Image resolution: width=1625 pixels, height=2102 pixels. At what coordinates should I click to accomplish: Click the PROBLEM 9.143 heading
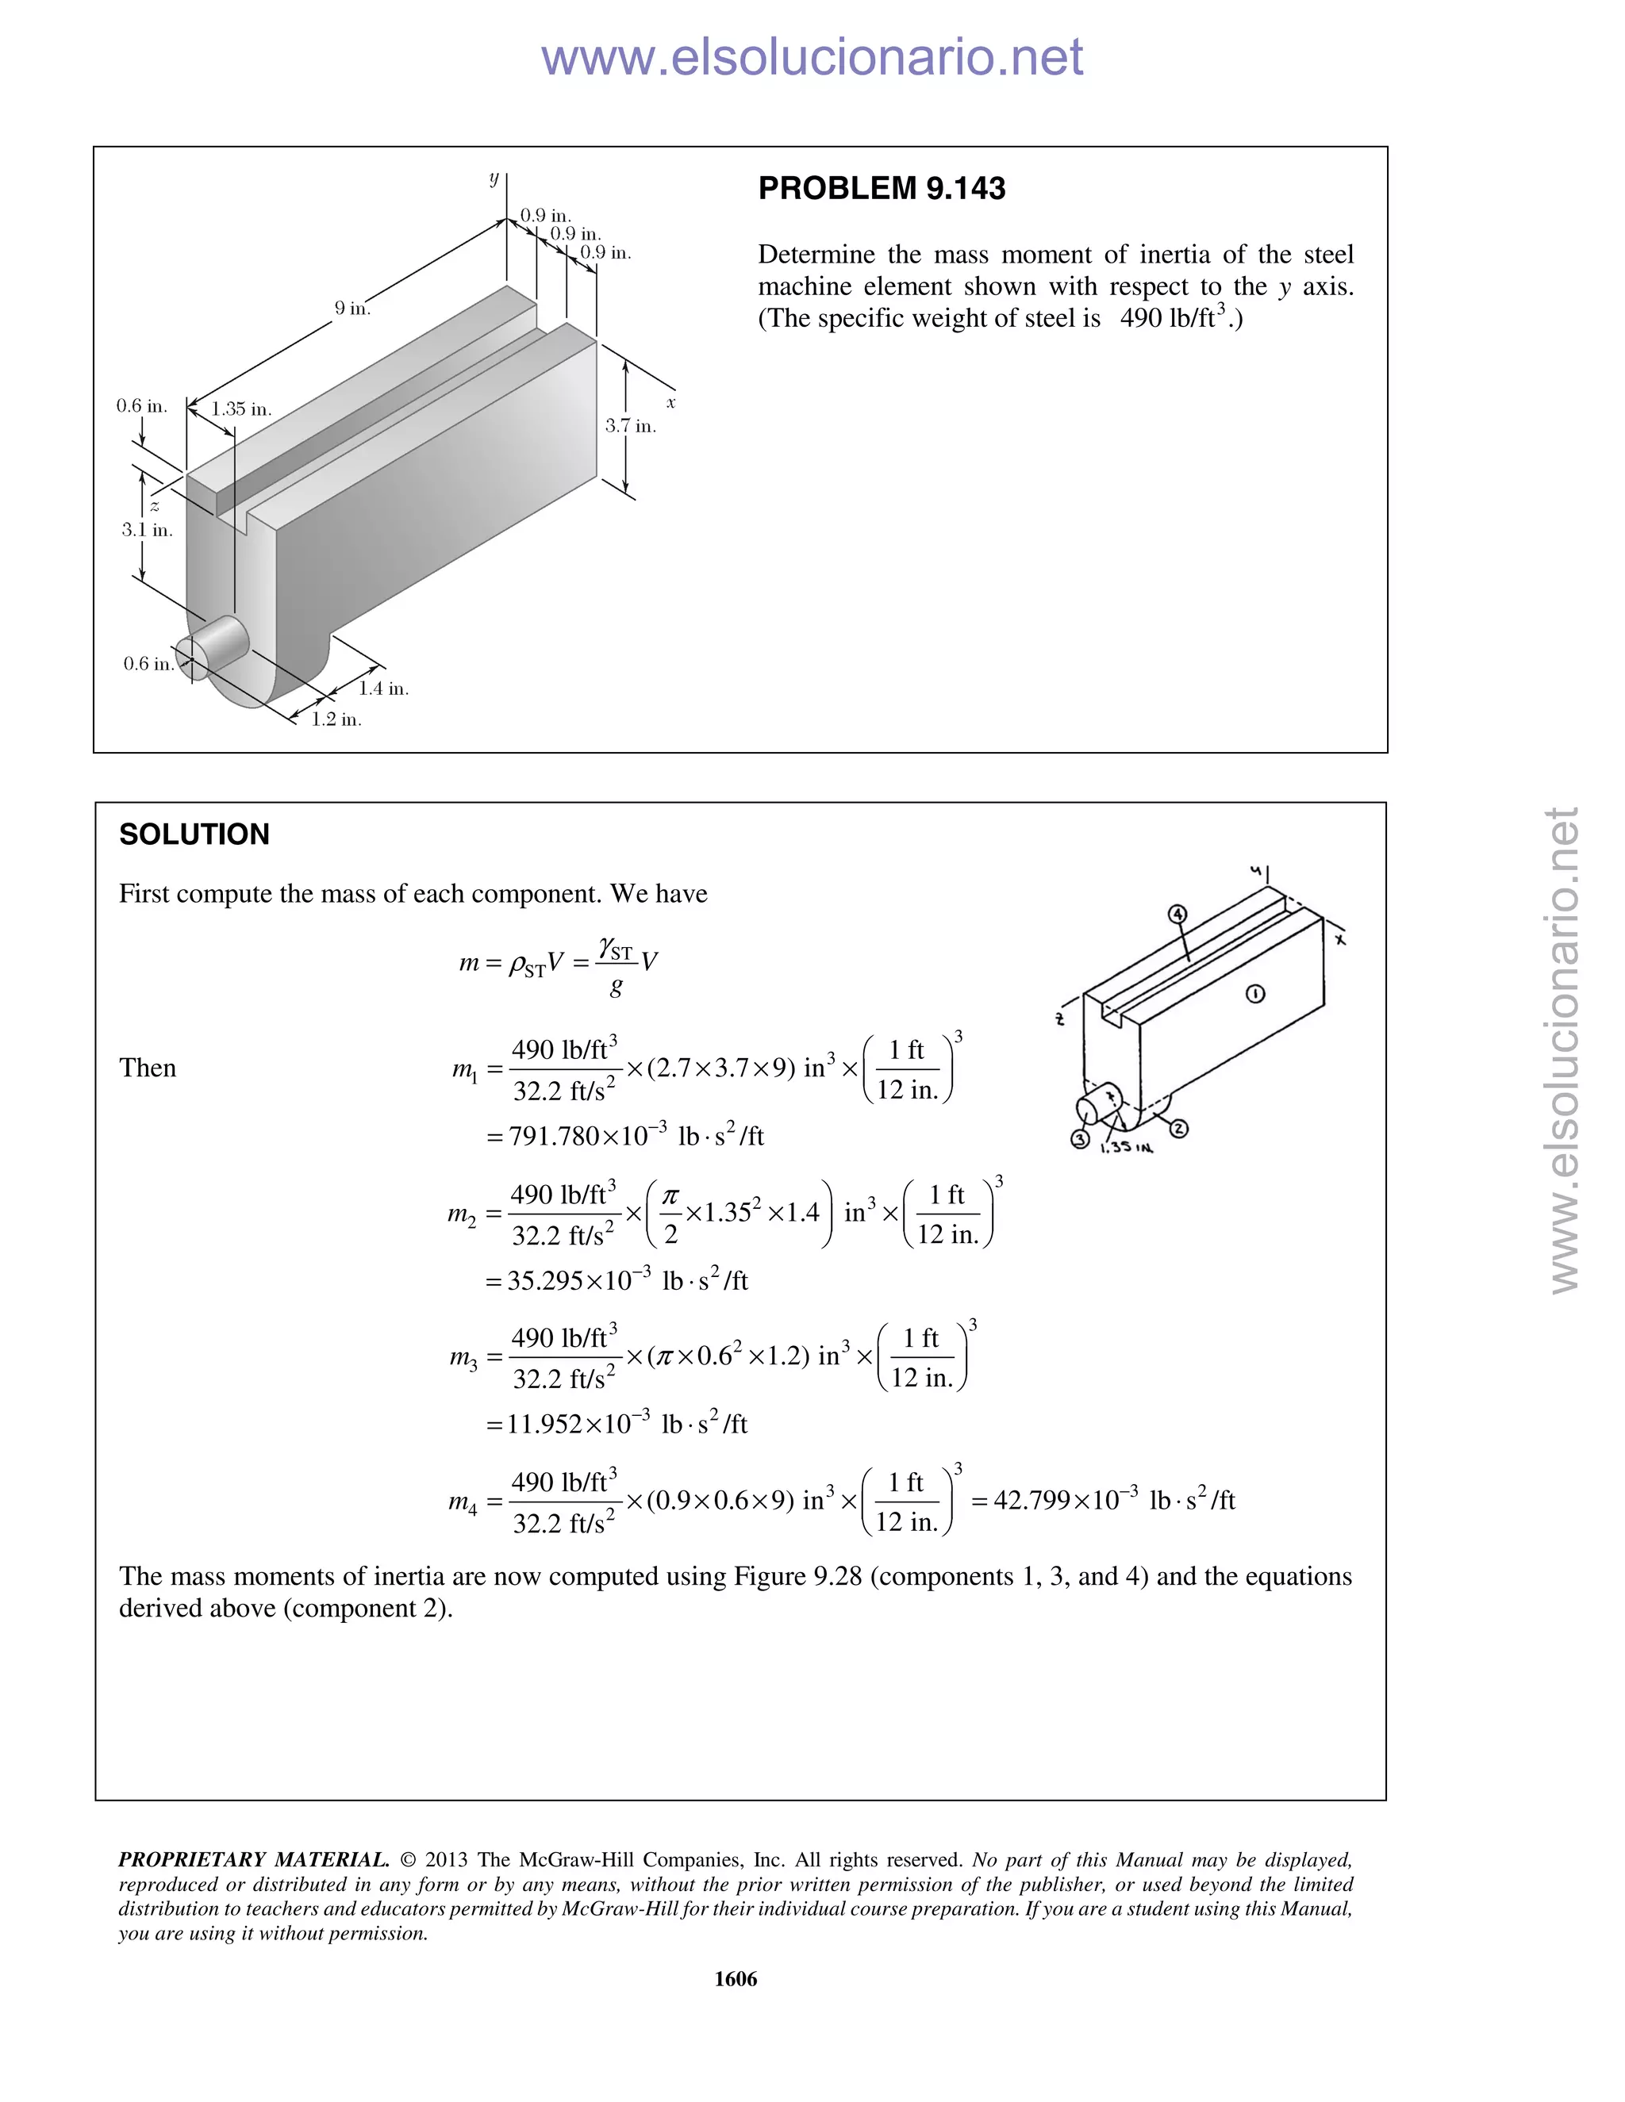coord(881,189)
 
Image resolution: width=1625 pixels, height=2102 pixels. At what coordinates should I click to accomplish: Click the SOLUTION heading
coord(194,834)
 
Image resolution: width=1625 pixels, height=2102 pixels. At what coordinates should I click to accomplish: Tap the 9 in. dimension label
coord(352,309)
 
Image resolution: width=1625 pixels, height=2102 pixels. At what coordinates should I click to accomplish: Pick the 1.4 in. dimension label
coord(383,689)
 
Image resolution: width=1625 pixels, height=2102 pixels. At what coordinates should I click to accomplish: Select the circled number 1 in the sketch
coord(1255,994)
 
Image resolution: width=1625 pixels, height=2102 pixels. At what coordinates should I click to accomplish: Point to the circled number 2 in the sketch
coord(1178,1128)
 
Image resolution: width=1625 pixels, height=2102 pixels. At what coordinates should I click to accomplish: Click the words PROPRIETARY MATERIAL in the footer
coord(253,1859)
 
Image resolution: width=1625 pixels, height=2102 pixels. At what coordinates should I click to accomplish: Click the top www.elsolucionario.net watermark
coord(812,57)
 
